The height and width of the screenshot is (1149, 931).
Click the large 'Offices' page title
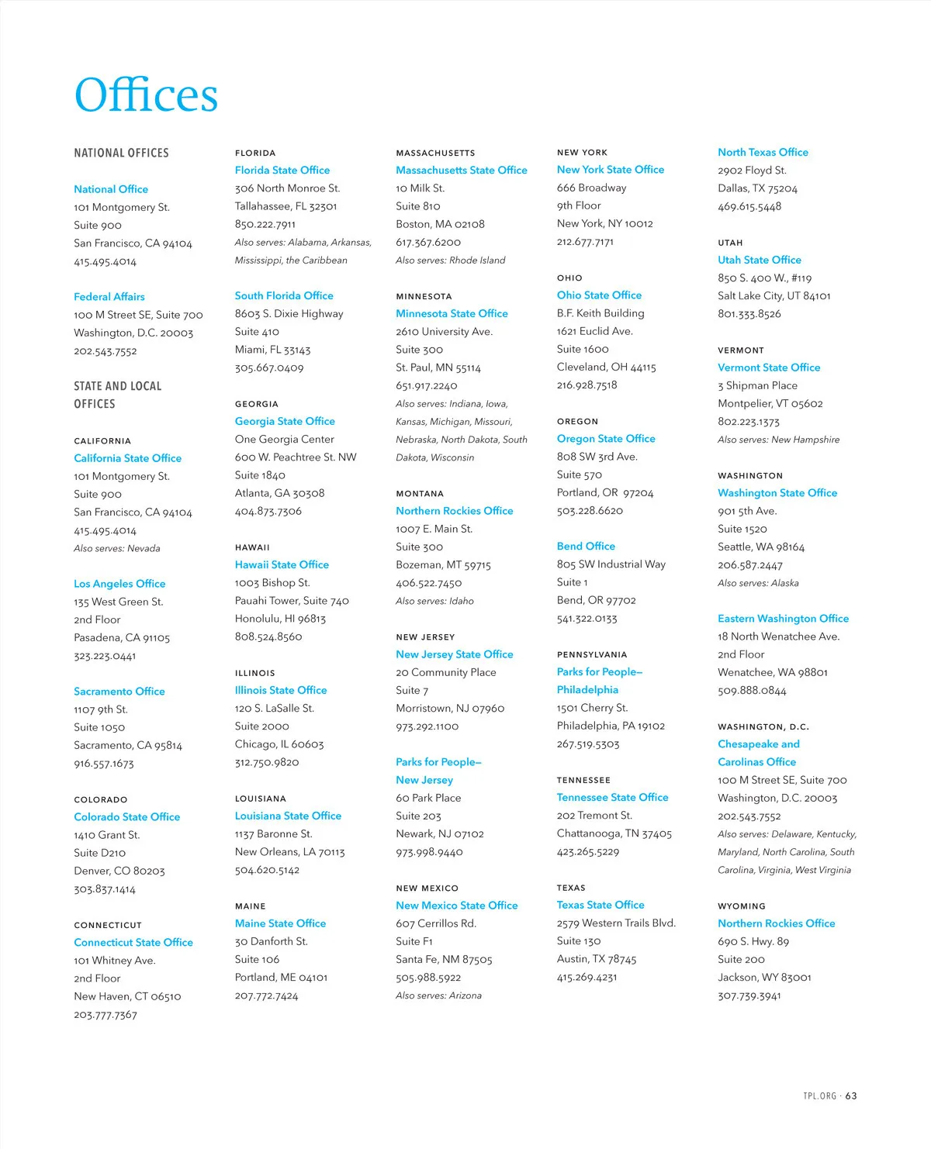[146, 95]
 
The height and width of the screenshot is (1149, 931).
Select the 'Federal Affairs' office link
[109, 297]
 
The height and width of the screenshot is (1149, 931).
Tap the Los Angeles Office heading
[119, 584]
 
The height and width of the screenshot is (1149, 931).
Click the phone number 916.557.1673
[104, 764]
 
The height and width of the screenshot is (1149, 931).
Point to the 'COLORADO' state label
[101, 799]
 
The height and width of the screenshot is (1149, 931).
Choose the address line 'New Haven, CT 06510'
[127, 996]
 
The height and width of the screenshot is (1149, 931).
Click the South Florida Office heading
[284, 296]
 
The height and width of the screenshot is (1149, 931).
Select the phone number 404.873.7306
[268, 512]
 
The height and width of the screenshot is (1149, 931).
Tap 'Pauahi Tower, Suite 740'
[292, 601]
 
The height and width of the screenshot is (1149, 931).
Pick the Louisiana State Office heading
[288, 816]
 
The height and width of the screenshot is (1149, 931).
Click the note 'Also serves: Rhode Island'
[450, 261]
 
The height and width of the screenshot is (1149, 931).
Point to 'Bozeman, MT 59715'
[443, 565]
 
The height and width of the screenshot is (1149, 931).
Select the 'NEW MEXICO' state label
[427, 888]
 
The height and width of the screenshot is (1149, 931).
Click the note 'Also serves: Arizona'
[438, 995]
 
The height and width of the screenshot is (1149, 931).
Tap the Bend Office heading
[586, 547]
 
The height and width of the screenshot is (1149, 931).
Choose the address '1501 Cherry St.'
[592, 708]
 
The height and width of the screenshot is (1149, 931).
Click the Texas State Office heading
[600, 906]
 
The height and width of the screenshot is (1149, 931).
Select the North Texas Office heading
[763, 153]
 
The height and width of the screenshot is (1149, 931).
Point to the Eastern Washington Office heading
[783, 619]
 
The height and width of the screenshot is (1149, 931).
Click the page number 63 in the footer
[851, 1096]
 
